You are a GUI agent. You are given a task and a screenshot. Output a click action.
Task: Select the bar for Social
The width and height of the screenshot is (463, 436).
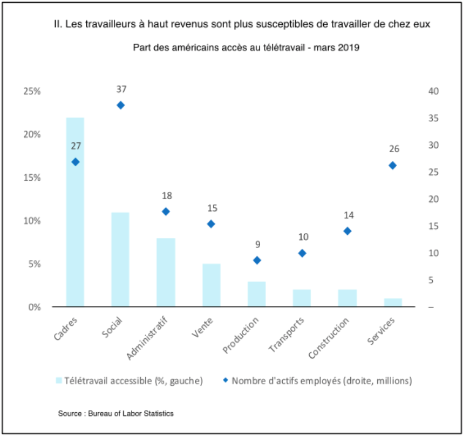click(x=120, y=260)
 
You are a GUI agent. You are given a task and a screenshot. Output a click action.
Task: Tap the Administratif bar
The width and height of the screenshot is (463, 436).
click(x=166, y=272)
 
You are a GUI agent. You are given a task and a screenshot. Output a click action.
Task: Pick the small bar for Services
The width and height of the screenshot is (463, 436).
click(x=393, y=303)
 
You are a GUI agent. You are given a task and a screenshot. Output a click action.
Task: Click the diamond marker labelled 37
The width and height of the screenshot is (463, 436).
click(x=121, y=105)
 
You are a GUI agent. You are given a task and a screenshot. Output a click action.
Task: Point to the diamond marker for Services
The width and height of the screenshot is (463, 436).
click(x=393, y=166)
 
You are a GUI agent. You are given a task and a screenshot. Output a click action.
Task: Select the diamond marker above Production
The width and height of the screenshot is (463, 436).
click(x=257, y=260)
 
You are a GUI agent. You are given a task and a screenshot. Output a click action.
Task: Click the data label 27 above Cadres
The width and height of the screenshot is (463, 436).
click(x=76, y=146)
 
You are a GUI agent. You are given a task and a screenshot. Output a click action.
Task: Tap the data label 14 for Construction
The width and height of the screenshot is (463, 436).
click(x=348, y=215)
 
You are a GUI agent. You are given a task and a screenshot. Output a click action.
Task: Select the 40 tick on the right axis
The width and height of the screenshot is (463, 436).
click(x=433, y=91)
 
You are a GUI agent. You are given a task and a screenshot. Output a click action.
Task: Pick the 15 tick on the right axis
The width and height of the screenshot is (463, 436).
click(x=433, y=226)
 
